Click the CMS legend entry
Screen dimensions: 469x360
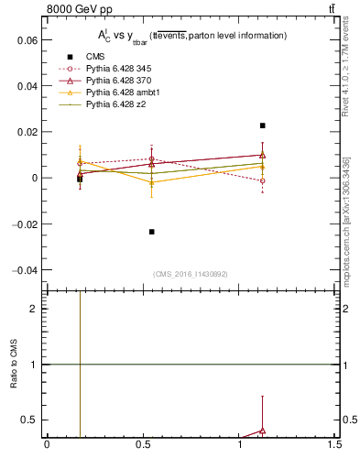[x=95, y=57]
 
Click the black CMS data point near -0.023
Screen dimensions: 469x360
[x=152, y=232]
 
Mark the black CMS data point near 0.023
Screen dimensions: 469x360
[x=263, y=125]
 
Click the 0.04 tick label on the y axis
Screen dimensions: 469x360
[x=26, y=86]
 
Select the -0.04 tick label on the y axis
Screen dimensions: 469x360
[x=24, y=270]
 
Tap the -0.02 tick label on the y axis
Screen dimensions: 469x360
[x=24, y=224]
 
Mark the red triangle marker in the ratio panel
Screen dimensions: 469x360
[x=263, y=430]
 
